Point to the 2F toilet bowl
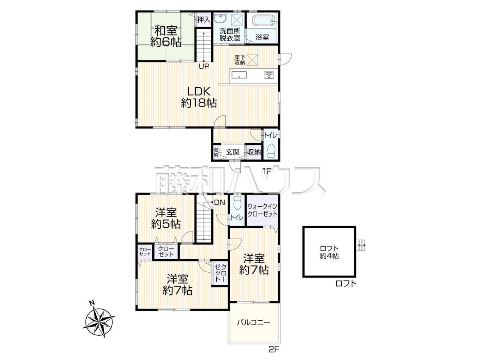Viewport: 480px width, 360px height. pos(237,203)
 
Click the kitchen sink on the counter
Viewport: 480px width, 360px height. pos(239,75)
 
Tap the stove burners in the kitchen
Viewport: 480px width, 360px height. pos(269,75)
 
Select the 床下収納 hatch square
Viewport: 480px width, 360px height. pos(252,60)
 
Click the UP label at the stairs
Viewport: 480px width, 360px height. pos(204,66)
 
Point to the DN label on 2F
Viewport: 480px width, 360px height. pos(219,202)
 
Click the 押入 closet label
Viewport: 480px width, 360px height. pos(204,20)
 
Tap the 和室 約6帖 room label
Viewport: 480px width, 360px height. pos(166,36)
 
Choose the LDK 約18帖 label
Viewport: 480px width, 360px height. pos(199,97)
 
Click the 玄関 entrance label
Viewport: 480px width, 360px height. pos(232,152)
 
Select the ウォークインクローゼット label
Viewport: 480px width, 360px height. pos(262,210)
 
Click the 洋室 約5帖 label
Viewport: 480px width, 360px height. pos(166,218)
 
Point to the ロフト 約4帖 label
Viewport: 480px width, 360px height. pos(329,252)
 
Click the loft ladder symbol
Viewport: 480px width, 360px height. pos(360,245)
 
